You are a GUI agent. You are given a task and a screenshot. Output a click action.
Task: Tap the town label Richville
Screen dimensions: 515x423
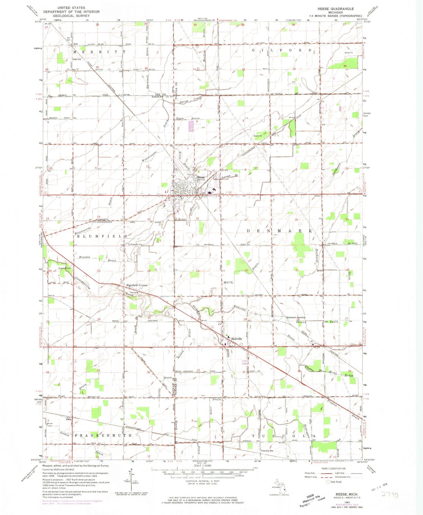[237, 339]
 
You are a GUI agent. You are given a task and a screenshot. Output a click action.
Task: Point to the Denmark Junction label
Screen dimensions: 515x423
[296, 317]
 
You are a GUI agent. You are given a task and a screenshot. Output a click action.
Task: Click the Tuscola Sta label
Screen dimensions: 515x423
[267, 451]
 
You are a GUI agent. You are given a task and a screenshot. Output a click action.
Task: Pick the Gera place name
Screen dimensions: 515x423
[68, 419]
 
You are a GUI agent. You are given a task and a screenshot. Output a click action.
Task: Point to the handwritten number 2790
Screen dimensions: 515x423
[390, 495]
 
